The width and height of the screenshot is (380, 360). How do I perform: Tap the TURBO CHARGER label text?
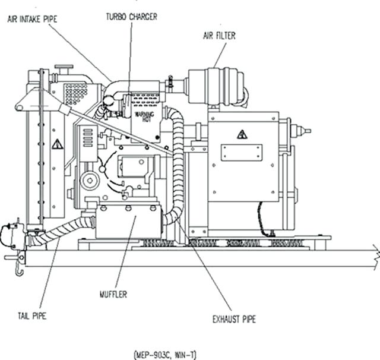(131, 17)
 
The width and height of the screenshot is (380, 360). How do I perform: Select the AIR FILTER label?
(219, 36)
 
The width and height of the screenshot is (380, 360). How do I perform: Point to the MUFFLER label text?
(113, 293)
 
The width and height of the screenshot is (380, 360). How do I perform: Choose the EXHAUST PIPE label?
(234, 320)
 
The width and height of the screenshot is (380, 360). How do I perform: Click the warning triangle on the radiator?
(57, 144)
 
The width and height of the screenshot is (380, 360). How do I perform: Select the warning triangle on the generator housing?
(242, 135)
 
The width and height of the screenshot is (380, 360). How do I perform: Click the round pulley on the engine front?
(90, 179)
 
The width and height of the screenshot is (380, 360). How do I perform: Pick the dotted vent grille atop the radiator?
(75, 93)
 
